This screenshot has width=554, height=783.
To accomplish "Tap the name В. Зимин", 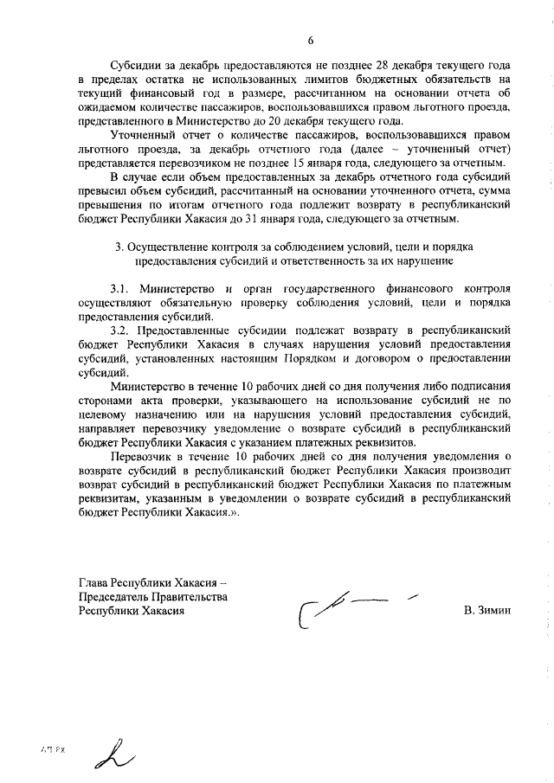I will pyautogui.click(x=488, y=610).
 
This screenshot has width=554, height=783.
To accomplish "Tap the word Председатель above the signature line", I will pyautogui.click(x=114, y=596).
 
